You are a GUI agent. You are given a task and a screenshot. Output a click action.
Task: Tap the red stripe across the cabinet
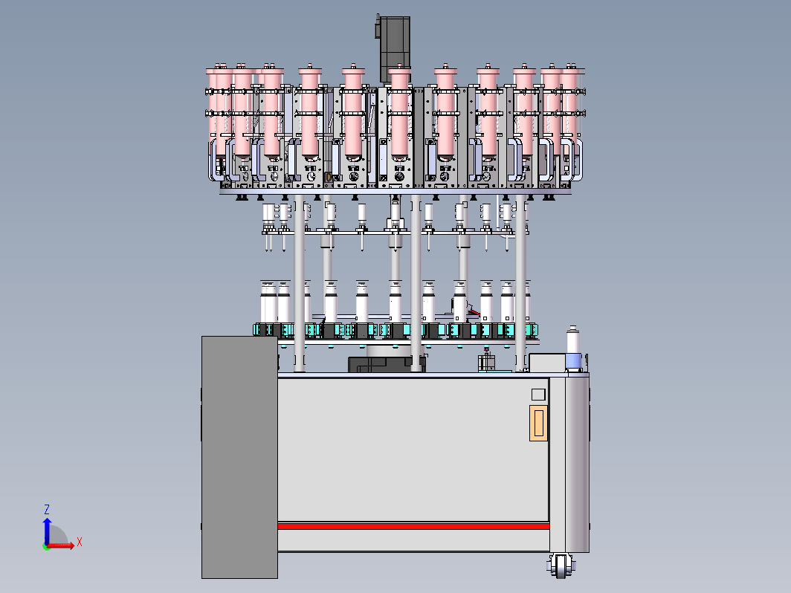point(413,526)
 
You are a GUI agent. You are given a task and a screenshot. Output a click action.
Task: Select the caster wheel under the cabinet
point(561,566)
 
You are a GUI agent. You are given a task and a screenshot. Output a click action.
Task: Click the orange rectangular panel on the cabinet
point(538,423)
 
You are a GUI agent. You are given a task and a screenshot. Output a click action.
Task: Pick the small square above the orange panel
point(538,395)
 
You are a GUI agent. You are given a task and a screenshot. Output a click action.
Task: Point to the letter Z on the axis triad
point(46,509)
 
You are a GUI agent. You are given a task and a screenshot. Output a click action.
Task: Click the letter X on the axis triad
point(80,542)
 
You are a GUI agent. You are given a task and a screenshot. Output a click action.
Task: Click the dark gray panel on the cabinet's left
point(239,457)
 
